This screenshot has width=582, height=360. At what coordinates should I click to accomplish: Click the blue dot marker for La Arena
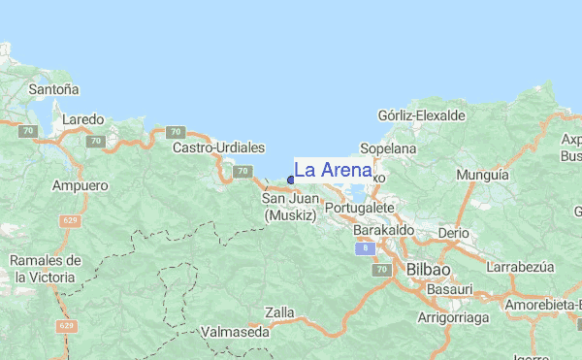(291, 180)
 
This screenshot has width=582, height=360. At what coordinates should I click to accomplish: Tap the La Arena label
(333, 171)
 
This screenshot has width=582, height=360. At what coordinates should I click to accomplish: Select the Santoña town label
(54, 88)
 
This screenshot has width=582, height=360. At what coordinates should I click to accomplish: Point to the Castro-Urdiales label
(218, 147)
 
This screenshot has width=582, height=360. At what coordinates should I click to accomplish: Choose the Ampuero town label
(81, 184)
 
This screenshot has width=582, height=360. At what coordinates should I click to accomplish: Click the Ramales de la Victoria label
(45, 269)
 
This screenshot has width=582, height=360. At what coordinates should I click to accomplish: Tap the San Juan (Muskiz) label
(289, 207)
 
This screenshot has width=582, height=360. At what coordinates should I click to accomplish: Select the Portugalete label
(360, 208)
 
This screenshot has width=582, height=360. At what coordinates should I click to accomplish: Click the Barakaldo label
(384, 230)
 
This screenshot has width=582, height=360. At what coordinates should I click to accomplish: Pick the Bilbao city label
(428, 268)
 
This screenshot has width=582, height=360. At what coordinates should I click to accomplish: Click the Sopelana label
(387, 148)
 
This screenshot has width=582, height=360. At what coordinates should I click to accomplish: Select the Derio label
(453, 234)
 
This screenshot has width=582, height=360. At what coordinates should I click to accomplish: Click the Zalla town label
(278, 312)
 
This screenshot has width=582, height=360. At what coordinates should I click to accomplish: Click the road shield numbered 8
(364, 248)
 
